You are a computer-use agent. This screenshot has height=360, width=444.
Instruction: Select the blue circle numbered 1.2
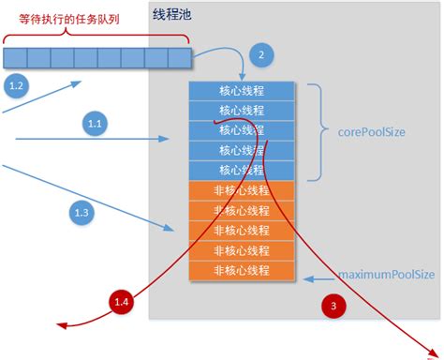(17, 87)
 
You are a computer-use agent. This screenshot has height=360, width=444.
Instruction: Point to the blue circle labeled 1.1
(95, 122)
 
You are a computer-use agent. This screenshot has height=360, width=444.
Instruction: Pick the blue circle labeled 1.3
(83, 213)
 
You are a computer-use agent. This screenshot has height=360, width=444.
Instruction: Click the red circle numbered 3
(334, 304)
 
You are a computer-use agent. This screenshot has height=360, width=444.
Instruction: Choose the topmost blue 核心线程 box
(242, 91)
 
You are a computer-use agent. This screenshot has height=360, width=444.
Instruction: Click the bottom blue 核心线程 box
(242, 170)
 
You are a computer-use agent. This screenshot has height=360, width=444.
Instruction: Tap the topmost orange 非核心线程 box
(242, 190)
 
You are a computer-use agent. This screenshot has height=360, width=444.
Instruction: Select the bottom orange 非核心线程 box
(242, 270)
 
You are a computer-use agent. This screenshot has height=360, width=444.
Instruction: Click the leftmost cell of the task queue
(15, 59)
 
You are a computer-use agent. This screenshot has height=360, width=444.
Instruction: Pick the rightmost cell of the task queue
(180, 59)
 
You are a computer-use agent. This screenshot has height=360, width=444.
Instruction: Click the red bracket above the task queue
(97, 37)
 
